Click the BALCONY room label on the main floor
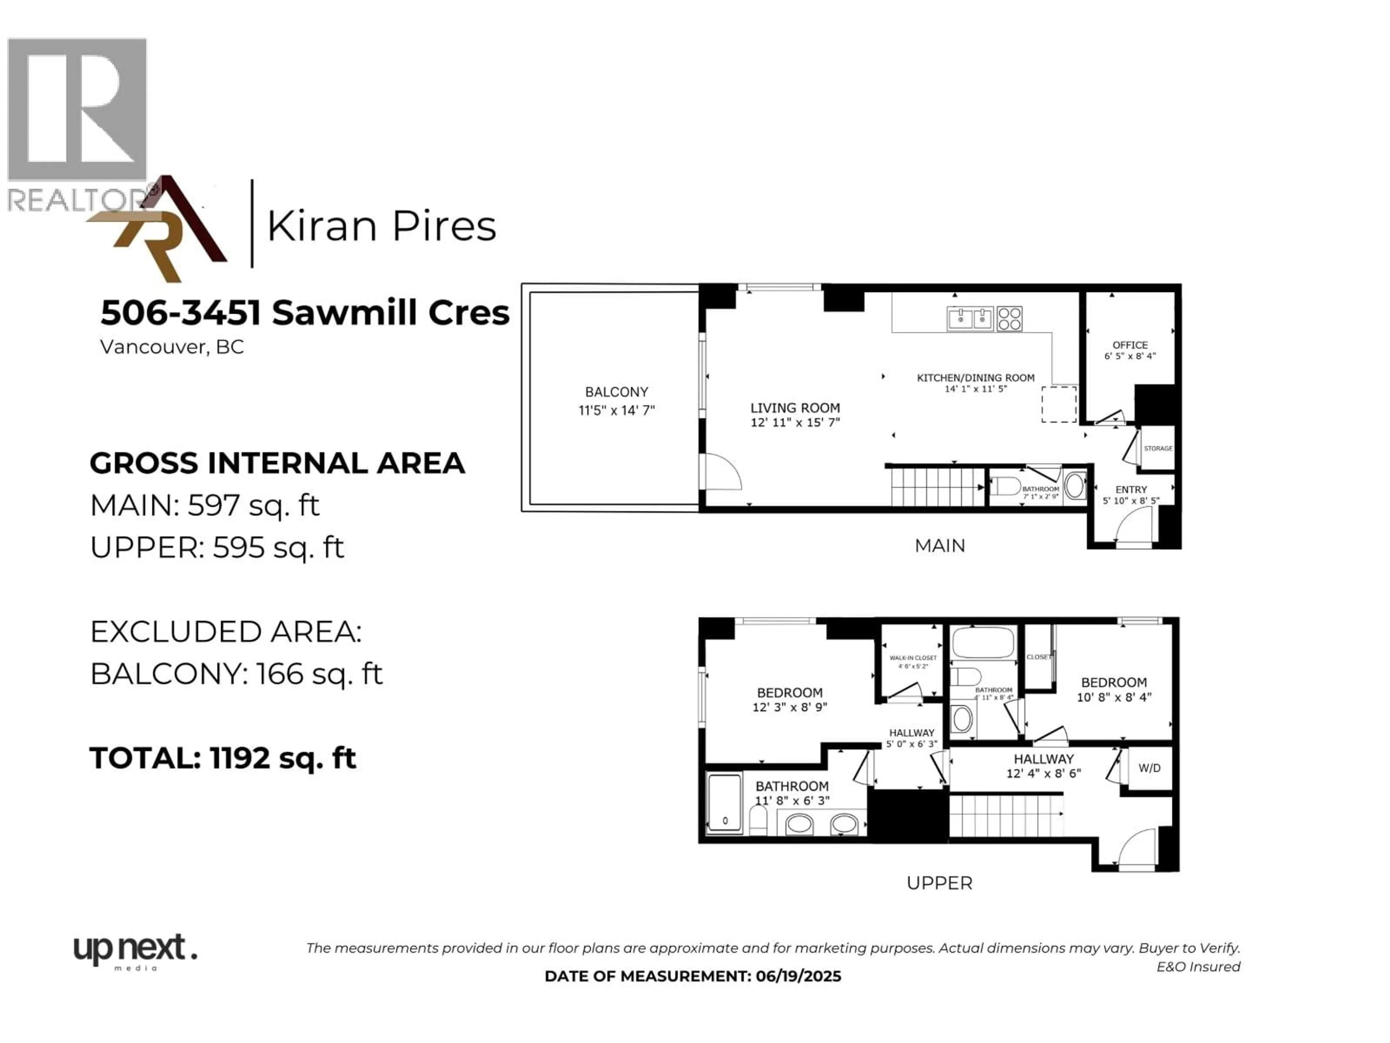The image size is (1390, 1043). (x=616, y=392)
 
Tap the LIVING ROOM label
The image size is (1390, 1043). (x=795, y=408)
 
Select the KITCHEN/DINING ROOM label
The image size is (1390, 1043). (x=975, y=378)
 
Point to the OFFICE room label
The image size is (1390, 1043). (x=1130, y=345)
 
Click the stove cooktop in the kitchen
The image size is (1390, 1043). (x=1009, y=319)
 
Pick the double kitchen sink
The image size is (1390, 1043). (x=970, y=319)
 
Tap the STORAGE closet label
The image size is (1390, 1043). (x=1158, y=448)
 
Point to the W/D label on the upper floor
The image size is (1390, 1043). (x=1149, y=768)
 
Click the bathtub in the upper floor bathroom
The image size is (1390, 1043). (x=983, y=642)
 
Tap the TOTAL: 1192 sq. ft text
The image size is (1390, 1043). (x=223, y=758)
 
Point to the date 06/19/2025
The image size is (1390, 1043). (x=798, y=976)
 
